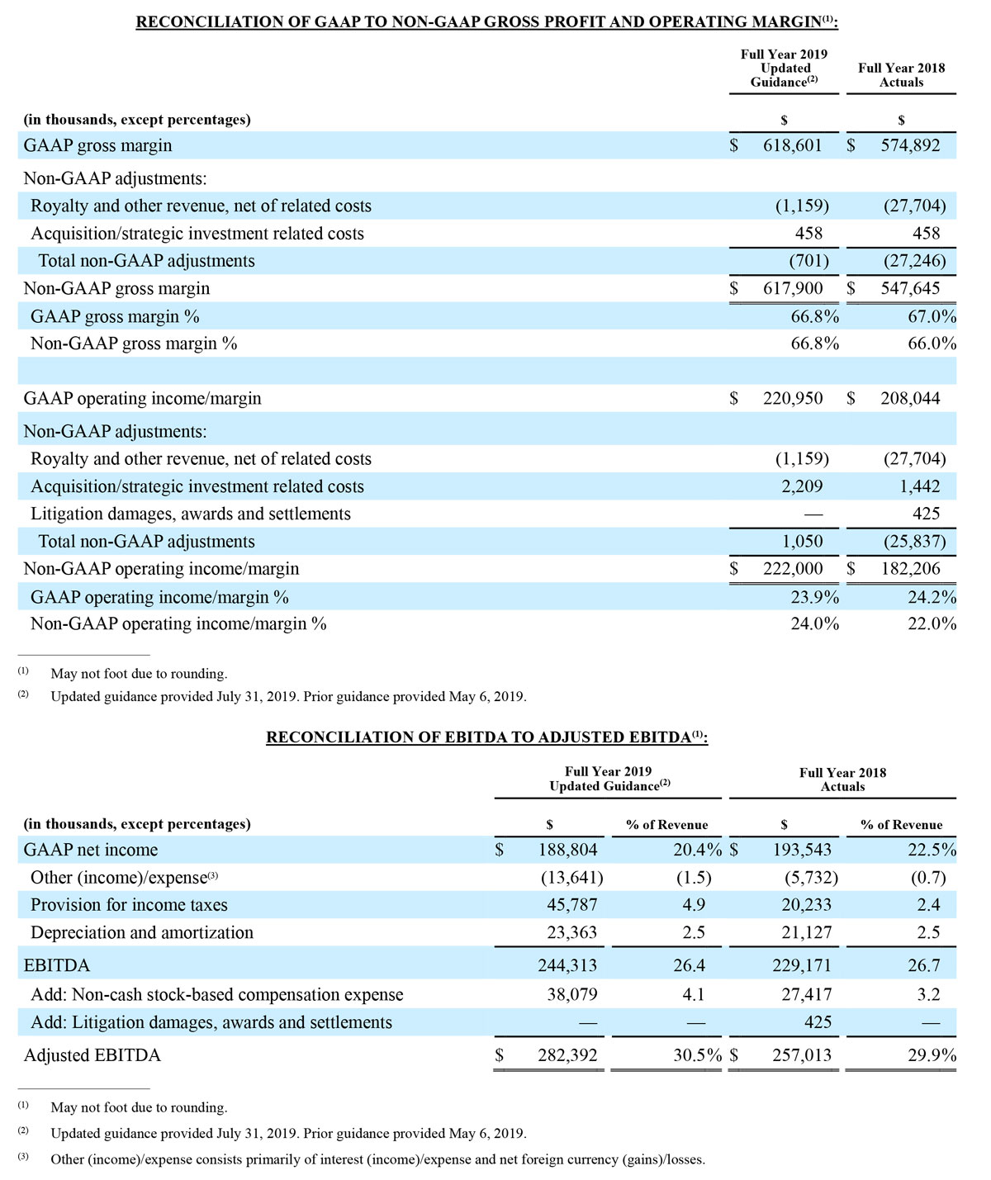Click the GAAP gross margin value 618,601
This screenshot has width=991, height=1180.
point(792,145)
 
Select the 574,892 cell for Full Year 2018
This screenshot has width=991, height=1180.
point(909,145)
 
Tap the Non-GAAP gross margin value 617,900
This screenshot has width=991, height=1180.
point(792,288)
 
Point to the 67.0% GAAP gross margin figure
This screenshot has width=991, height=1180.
point(932,316)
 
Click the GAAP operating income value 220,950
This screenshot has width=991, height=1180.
point(792,398)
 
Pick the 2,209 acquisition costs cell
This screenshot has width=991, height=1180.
point(802,486)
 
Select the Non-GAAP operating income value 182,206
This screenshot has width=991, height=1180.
point(909,568)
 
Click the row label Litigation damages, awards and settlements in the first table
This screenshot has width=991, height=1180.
point(191,514)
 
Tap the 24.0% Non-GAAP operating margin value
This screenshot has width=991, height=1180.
point(814,623)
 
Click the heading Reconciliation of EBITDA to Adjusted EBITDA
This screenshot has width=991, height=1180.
point(486,737)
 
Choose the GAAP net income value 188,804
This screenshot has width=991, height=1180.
point(567,850)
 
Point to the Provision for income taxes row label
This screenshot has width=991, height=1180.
point(129,905)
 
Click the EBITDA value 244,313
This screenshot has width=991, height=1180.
point(567,965)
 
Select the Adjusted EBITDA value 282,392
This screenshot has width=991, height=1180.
point(567,1055)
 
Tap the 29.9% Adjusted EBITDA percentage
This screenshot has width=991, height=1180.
point(932,1055)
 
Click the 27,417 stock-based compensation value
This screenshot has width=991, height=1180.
point(807,995)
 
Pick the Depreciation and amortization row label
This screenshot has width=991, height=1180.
point(142,932)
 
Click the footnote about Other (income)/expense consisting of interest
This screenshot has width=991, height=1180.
point(377,1159)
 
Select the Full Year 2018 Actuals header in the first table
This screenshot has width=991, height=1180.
point(901,75)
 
